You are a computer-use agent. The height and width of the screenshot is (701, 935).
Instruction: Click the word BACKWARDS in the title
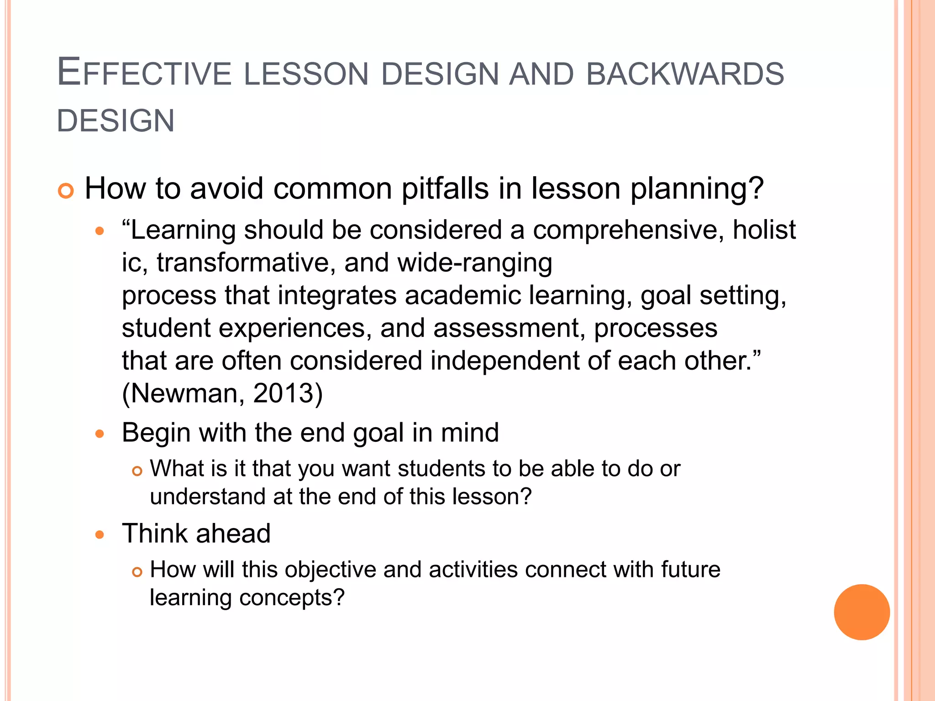pos(685,74)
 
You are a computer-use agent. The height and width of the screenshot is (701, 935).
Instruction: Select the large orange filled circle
pos(861,612)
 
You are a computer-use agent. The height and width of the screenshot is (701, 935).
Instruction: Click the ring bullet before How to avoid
pos(66,191)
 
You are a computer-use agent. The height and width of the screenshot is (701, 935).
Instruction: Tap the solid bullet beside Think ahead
pos(100,534)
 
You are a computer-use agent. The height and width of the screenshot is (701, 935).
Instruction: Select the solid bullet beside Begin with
pos(100,434)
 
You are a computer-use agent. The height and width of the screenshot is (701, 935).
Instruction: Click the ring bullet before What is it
pos(137,471)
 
